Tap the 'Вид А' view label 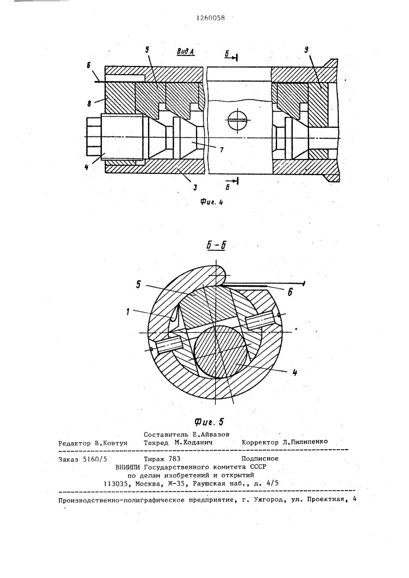pos(185,51)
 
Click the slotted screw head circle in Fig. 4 pos(238,120)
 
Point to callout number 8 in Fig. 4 pos(89,105)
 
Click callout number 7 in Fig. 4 pos(221,150)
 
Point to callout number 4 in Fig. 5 pos(294,372)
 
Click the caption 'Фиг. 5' pos(209,422)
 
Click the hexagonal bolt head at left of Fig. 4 pos(94,136)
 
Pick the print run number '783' pos(175,459)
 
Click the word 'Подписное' pos(260,459)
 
